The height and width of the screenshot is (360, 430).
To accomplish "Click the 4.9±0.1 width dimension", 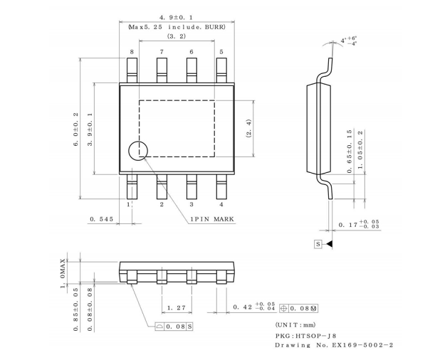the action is [x=177, y=18].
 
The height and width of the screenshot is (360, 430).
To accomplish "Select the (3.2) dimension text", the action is [x=177, y=36].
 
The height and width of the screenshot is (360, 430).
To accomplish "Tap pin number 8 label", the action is [x=132, y=52].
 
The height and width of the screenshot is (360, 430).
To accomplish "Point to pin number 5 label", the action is [x=221, y=52].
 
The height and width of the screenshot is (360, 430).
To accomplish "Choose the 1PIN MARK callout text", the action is [x=212, y=219].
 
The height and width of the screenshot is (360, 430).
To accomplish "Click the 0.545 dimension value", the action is [x=102, y=219].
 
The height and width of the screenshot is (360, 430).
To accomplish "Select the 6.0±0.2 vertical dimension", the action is [x=76, y=129].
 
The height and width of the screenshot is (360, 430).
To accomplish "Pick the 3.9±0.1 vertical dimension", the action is [x=90, y=129].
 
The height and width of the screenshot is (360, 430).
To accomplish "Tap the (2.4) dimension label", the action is [x=248, y=128].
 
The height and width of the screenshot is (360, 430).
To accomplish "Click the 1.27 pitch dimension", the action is [x=177, y=307].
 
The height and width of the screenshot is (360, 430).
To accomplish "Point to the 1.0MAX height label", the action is [x=63, y=273].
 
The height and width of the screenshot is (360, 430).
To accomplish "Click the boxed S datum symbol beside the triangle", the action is [x=318, y=244].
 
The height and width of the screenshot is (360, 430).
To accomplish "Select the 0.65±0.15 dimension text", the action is [x=350, y=152].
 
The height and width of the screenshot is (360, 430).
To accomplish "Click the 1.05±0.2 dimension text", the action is [x=360, y=149].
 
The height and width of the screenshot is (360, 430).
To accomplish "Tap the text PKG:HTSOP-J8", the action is [x=306, y=336].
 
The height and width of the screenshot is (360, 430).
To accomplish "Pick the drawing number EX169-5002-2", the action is [x=362, y=345].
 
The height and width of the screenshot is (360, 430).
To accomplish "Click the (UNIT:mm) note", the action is [x=295, y=325].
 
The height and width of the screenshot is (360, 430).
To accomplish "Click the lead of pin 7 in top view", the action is [x=162, y=70].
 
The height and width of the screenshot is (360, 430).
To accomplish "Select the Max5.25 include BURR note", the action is [x=177, y=27].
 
